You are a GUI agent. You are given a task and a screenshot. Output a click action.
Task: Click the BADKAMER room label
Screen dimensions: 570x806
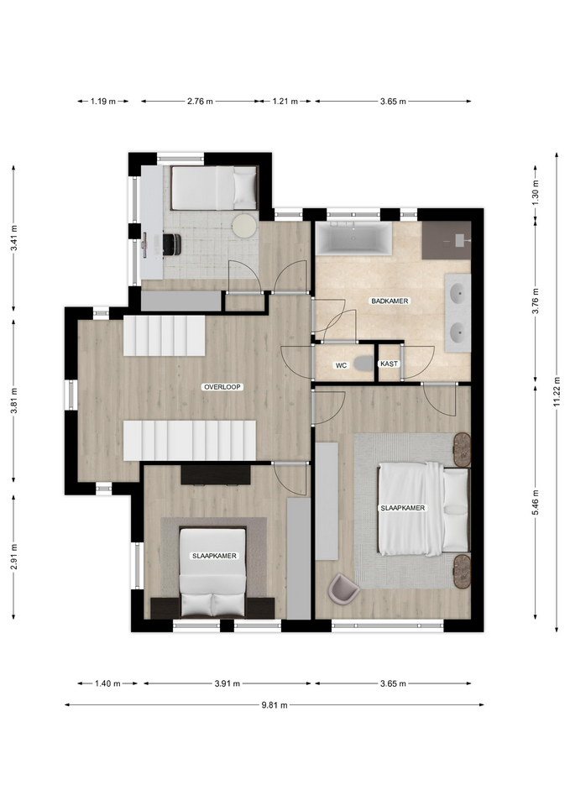point(390,301)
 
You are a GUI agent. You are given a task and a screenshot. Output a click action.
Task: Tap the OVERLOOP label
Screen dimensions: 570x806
point(222,387)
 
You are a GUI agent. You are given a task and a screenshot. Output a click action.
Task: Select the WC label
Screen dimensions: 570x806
point(341,365)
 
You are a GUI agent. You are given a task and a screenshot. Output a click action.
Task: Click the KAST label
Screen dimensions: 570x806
point(389,364)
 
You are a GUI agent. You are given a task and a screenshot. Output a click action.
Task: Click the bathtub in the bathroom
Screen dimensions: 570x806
point(353,238)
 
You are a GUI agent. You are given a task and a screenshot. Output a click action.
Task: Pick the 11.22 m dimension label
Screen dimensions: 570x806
point(557,392)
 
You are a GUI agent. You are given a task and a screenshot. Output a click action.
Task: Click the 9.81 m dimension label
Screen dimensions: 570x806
point(274,705)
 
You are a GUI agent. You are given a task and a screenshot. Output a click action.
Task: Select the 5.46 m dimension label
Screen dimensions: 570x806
point(535,502)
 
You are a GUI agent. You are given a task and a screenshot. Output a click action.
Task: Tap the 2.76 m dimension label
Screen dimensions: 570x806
point(200,102)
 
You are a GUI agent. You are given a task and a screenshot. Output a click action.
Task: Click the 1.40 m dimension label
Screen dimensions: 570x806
point(107,683)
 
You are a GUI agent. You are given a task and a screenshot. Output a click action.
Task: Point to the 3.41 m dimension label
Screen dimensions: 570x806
point(14,238)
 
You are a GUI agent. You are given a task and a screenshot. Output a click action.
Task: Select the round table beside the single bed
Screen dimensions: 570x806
point(244,225)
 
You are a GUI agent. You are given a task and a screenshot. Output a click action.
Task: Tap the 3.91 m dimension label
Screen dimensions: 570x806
point(227,683)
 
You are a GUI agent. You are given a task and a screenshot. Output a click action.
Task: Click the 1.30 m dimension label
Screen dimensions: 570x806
point(535,191)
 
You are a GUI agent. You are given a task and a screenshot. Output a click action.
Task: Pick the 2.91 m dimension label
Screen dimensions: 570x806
point(14,557)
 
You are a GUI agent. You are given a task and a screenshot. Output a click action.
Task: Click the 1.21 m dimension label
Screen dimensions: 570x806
point(285,102)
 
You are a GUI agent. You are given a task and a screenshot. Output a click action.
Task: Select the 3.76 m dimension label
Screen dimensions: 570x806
point(535,301)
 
